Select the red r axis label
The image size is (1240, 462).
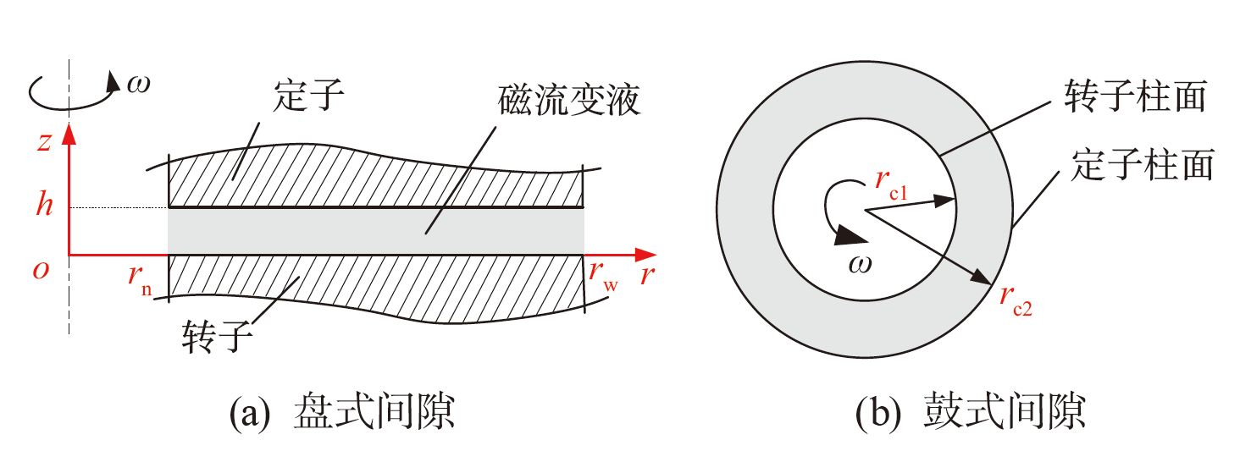coord(648,275)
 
